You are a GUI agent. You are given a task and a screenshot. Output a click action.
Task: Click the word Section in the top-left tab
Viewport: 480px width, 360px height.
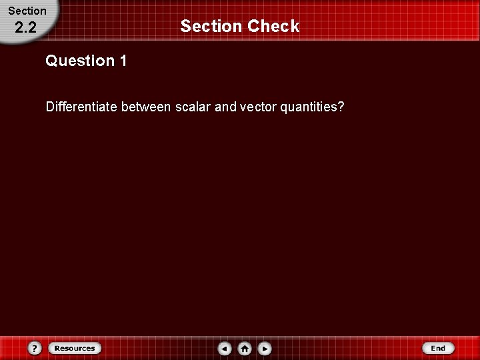tap(27, 11)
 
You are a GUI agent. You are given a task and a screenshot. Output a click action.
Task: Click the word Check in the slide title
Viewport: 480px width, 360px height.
tap(273, 26)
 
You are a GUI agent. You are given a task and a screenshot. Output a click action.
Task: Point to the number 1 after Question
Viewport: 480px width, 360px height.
tap(123, 61)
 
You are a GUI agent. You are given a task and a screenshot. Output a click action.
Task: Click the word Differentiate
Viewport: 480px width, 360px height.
tap(81, 107)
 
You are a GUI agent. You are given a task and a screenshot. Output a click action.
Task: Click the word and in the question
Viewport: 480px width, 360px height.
tap(225, 107)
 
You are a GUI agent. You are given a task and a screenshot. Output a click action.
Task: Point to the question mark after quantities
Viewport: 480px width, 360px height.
tap(341, 107)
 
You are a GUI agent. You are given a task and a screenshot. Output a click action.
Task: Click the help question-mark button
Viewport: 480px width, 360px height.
tap(35, 348)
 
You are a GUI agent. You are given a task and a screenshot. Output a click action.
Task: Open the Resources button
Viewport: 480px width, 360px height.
tap(74, 348)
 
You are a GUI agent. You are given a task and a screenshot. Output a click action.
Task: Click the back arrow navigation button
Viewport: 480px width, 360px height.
tap(225, 348)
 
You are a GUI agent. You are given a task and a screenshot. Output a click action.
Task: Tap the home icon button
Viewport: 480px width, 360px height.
tap(245, 348)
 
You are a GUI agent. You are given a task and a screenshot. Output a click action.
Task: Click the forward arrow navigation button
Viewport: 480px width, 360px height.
tap(265, 348)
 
